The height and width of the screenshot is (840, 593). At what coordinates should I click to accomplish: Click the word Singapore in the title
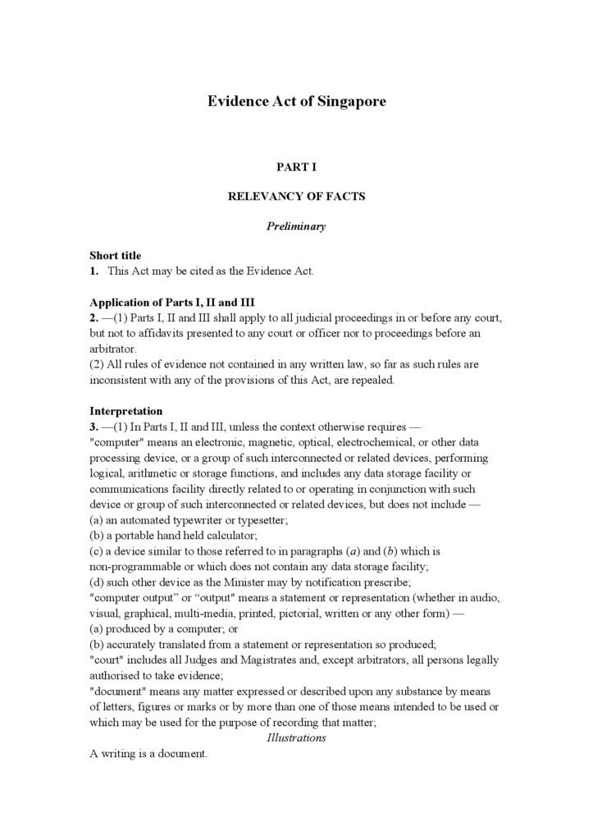click(x=350, y=102)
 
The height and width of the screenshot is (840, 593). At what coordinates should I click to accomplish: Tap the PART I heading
click(x=296, y=167)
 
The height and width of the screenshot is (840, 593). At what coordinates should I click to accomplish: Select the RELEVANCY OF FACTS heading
click(x=296, y=197)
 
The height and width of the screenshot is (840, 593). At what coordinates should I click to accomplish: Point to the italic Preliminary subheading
click(x=296, y=226)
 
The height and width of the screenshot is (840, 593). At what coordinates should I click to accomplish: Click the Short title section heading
click(x=115, y=256)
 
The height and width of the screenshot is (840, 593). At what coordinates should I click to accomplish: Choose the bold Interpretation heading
click(x=125, y=411)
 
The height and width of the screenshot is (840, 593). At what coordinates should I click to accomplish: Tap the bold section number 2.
click(x=94, y=317)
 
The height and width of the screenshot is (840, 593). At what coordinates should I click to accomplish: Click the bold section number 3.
click(x=94, y=427)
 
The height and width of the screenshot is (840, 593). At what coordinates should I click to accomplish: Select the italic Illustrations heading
click(x=296, y=737)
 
